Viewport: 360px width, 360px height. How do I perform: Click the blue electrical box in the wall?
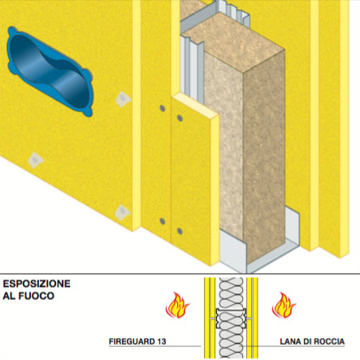tap(50, 72)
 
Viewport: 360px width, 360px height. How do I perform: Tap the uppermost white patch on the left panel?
tap(123, 98)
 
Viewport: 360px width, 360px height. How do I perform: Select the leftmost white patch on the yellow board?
tap(36, 160)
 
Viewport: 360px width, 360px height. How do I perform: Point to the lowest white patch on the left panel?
tap(122, 212)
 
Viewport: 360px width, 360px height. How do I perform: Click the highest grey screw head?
tap(163, 108)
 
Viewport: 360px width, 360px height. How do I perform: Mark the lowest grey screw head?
tap(180, 231)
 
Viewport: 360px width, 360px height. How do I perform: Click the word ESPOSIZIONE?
tap(37, 284)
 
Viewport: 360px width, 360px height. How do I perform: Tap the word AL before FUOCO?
tap(9, 296)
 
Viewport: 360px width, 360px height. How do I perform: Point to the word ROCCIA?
tap(330, 341)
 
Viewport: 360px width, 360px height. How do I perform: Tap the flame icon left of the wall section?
tap(177, 305)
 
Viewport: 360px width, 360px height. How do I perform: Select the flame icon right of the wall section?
tap(284, 305)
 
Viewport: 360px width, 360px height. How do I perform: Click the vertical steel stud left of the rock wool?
tap(192, 71)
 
